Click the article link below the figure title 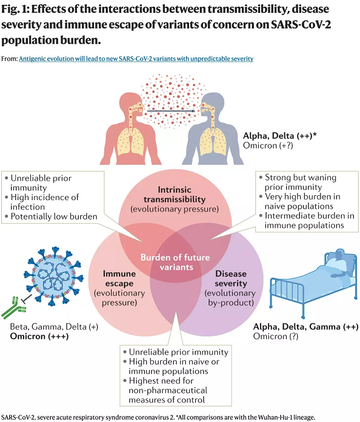click(136, 59)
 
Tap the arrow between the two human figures click(171, 111)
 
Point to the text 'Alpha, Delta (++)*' click(280, 135)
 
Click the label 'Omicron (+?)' click(268, 146)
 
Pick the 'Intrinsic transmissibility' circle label click(175, 194)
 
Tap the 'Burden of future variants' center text click(175, 262)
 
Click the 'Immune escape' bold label click(119, 278)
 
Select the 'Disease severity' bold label click(231, 278)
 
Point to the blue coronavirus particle click(53, 276)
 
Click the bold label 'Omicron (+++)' click(39, 337)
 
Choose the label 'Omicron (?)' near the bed click(276, 337)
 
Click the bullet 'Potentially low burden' click(54, 216)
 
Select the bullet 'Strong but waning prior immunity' click(301, 183)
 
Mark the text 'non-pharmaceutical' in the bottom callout click(168, 390)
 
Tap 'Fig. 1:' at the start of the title click(15, 9)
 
